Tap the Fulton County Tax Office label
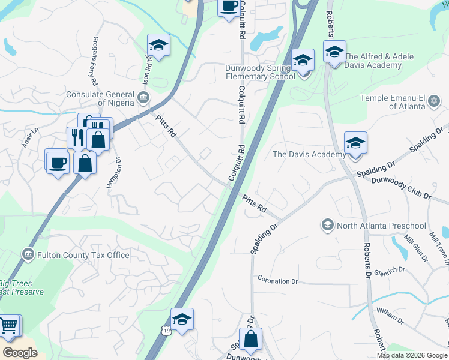click(x=83, y=255)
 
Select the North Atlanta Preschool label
click(x=381, y=226)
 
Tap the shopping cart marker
click(x=8, y=326)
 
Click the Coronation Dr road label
click(x=277, y=281)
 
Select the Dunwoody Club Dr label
click(x=402, y=188)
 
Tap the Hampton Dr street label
click(x=114, y=175)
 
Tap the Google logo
click(x=20, y=352)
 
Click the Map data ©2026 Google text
click(x=411, y=355)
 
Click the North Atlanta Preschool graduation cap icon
click(x=328, y=226)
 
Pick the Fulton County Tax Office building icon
click(x=28, y=255)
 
